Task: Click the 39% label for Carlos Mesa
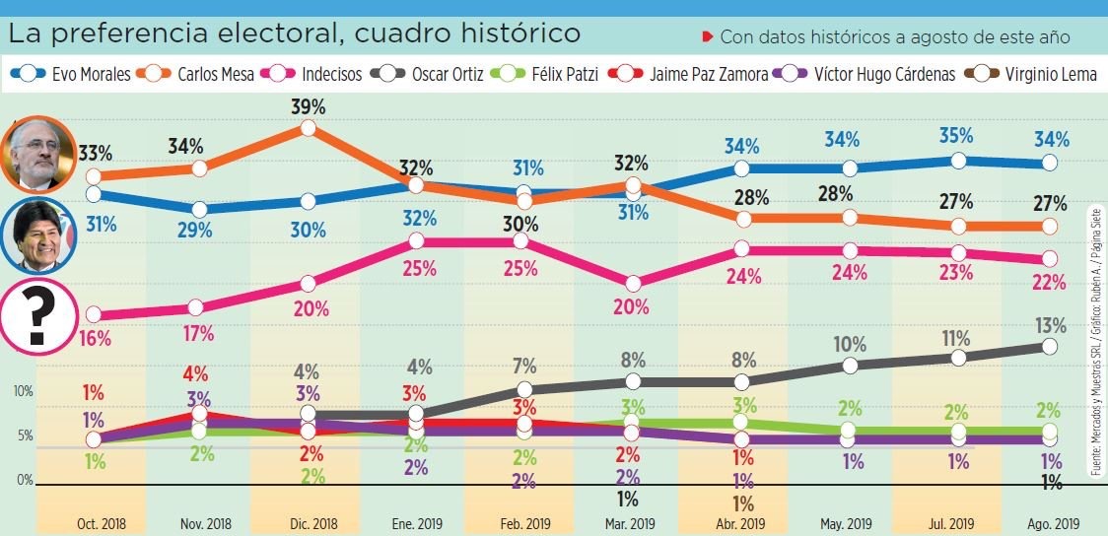pos(309,106)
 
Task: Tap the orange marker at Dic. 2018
pos(309,128)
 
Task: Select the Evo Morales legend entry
pos(69,74)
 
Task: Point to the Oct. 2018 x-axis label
pos(101,523)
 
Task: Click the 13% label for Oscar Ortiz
pos(1051,325)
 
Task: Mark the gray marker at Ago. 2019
pos(1049,346)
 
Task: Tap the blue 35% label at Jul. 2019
pos(956,136)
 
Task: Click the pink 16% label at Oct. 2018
pos(95,338)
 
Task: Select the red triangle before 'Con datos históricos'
pos(706,37)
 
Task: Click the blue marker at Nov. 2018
pos(199,209)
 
